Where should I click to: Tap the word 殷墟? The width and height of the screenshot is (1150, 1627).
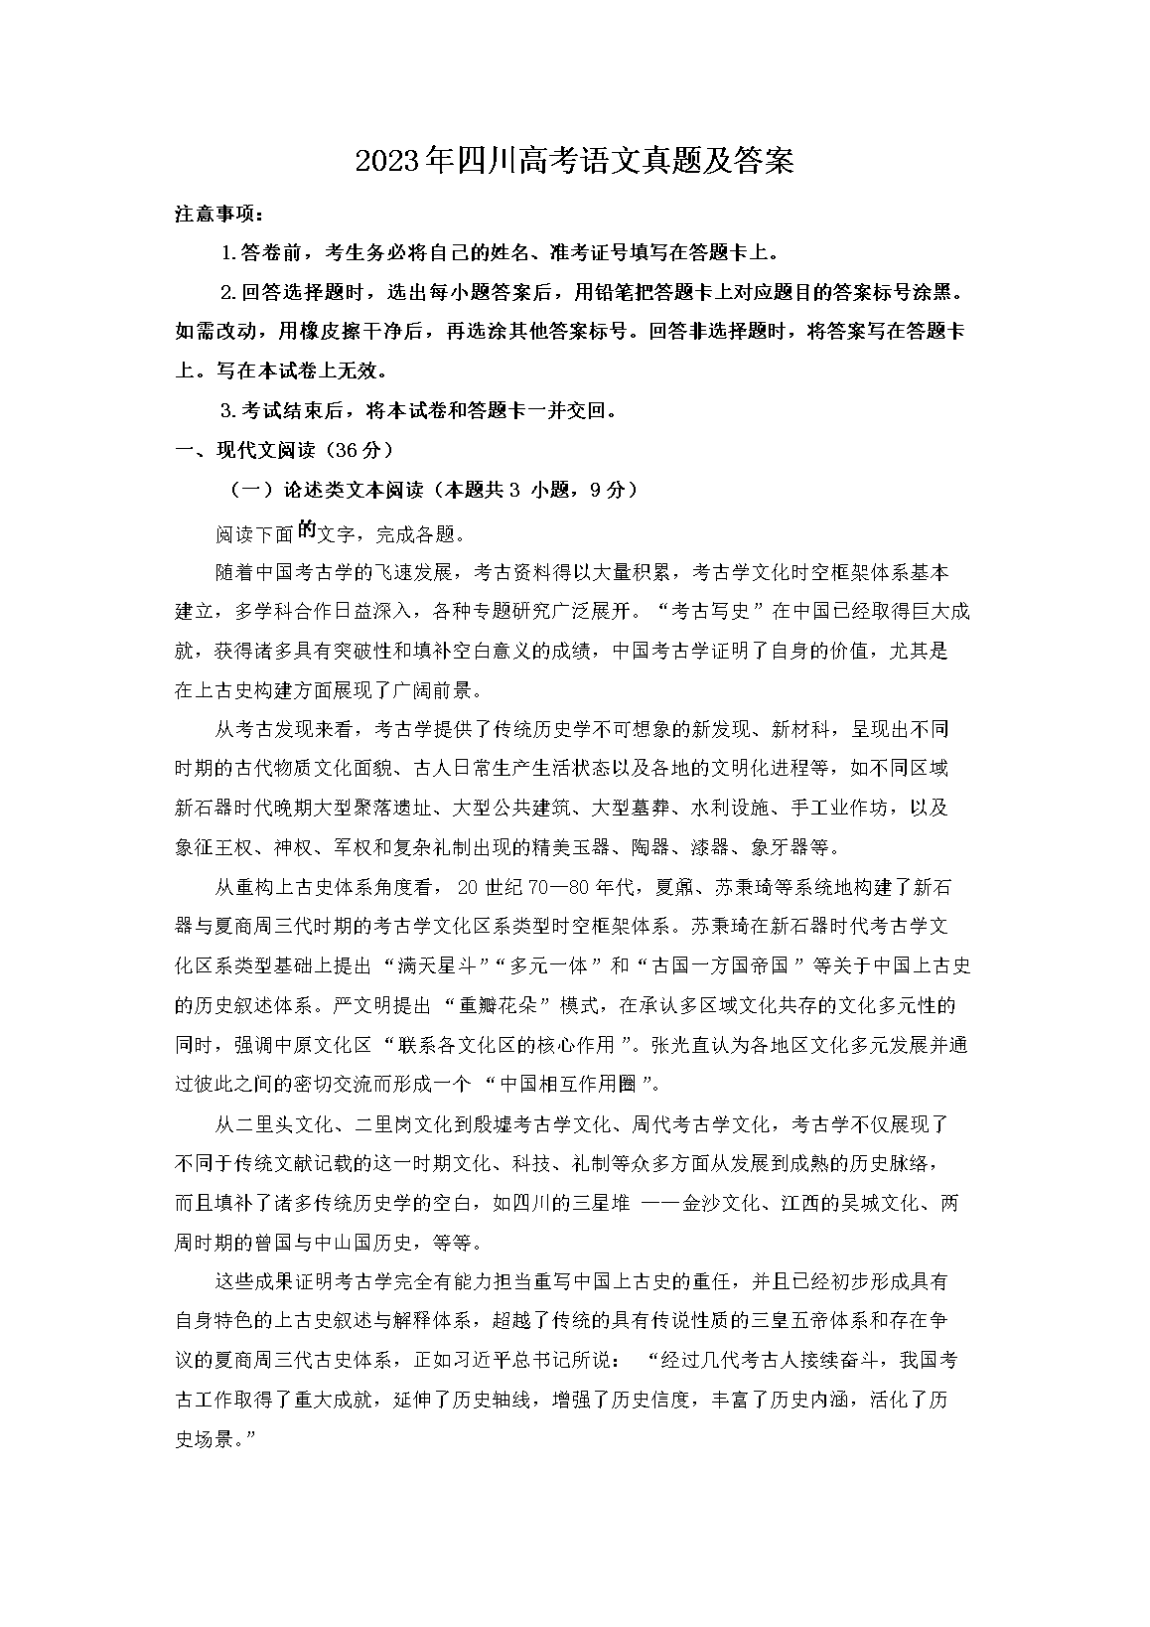click(x=483, y=1124)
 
